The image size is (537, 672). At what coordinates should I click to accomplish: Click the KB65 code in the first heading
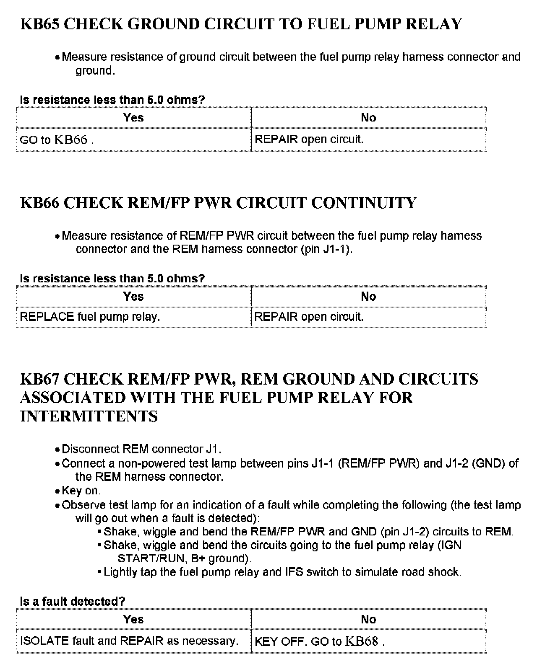[41, 24]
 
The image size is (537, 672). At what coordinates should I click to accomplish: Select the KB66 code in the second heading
[41, 203]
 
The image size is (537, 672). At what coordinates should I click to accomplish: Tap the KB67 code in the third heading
[41, 379]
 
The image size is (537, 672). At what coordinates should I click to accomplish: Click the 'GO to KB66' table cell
[57, 140]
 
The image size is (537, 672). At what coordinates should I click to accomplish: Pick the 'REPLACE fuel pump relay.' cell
[90, 317]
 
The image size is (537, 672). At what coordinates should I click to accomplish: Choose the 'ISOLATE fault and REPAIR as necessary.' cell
[129, 641]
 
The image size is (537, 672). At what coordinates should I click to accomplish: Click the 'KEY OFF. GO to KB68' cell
[320, 641]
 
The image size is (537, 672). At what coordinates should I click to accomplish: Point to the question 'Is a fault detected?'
[73, 602]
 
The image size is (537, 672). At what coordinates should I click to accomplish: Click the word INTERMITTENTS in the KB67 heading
[89, 416]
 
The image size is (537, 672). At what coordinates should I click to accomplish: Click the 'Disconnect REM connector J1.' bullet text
[141, 449]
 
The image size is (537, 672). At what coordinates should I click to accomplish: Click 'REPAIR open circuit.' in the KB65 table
[309, 140]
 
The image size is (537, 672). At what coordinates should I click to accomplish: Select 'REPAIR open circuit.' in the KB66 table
[309, 317]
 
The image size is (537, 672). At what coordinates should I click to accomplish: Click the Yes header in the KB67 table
[133, 619]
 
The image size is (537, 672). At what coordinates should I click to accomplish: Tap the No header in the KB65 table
[368, 118]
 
